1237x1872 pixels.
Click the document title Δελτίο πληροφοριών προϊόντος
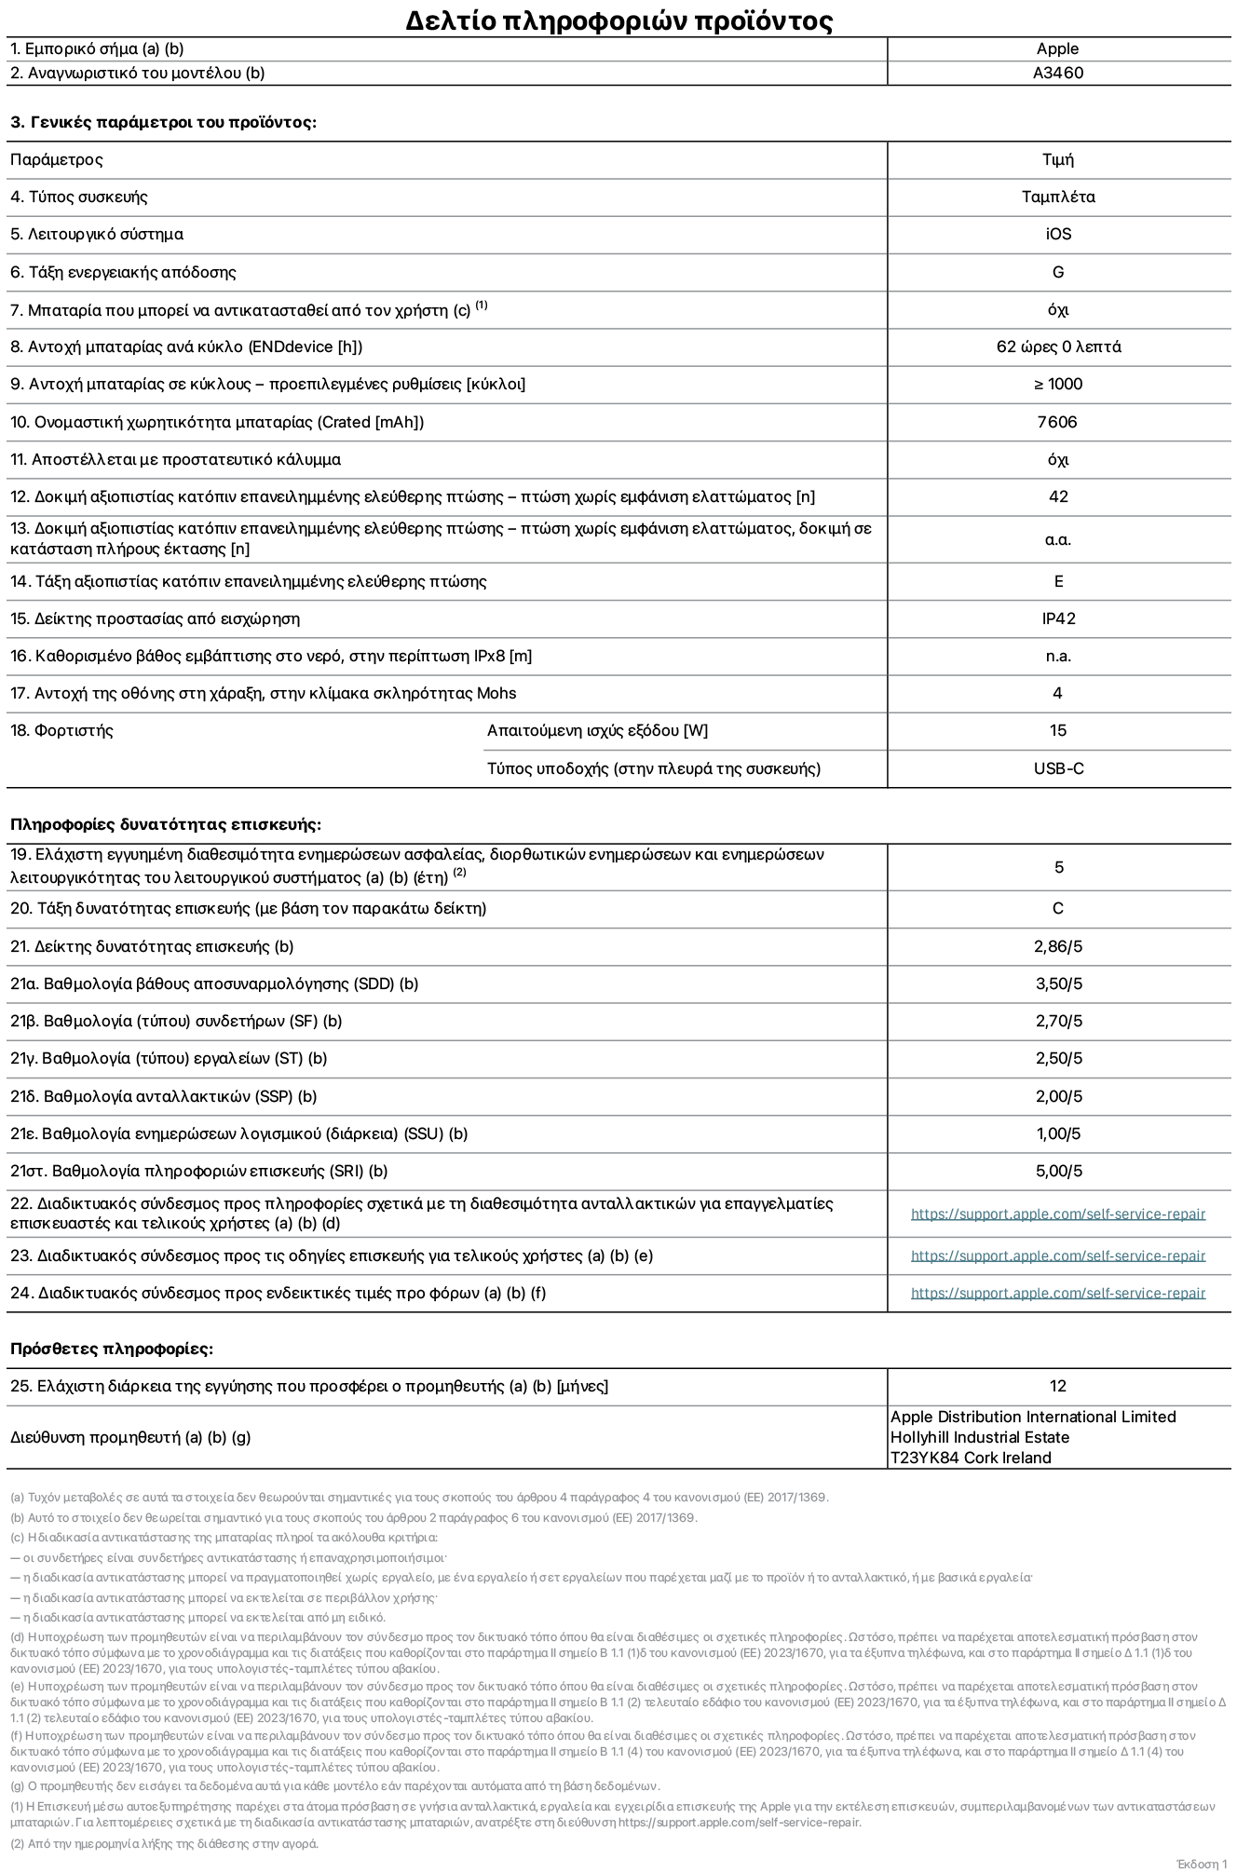coord(618,20)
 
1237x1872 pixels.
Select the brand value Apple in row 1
coord(1057,49)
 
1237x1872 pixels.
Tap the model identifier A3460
coord(1057,74)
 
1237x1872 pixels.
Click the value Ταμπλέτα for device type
coord(1057,197)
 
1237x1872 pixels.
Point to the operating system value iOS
coord(1057,235)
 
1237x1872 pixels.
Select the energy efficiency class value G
coord(1057,273)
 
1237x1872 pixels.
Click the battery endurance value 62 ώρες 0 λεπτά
coord(1057,347)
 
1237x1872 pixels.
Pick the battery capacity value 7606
coord(1057,423)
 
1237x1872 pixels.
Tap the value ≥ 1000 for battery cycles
coord(1057,385)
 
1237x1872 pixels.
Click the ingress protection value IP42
coord(1057,619)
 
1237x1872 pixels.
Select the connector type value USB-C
coord(1057,769)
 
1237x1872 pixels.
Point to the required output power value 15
coord(1057,731)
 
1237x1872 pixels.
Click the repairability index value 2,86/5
coord(1057,947)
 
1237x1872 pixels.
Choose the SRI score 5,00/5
coord(1057,1172)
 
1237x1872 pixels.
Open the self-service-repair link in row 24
coord(1057,1294)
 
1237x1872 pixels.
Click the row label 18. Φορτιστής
coord(61,731)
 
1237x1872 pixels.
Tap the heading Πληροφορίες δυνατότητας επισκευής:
coord(165,825)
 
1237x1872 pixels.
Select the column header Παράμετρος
coord(56,160)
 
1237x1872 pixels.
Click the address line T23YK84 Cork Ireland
coord(970,1458)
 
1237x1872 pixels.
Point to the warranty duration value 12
coord(1057,1387)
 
